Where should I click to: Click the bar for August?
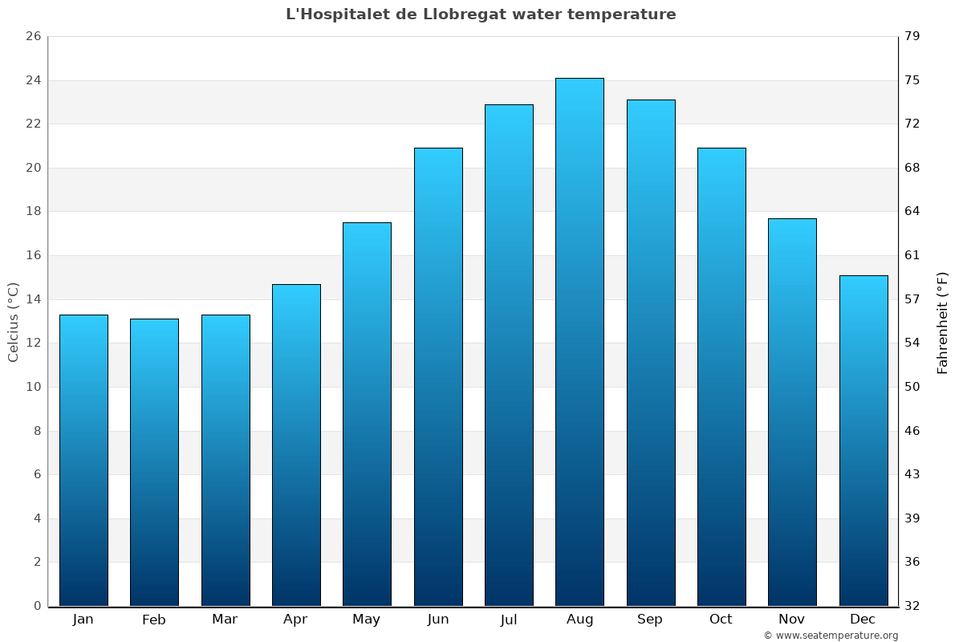(579, 341)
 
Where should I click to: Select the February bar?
(154, 461)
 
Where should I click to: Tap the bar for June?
(438, 377)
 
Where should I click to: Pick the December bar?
(863, 440)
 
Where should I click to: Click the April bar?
(296, 445)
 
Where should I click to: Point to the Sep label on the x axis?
(650, 620)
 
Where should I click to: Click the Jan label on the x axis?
(83, 620)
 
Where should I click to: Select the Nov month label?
(791, 620)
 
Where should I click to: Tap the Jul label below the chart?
(508, 620)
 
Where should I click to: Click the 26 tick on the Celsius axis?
(33, 37)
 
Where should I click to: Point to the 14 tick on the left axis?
(33, 299)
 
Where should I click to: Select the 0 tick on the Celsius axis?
(37, 606)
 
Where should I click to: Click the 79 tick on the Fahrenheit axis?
(913, 37)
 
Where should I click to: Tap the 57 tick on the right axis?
(913, 299)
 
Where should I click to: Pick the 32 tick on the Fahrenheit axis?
(913, 606)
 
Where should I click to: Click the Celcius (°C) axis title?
(14, 321)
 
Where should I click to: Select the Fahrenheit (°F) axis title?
(943, 321)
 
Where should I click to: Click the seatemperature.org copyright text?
(831, 636)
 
